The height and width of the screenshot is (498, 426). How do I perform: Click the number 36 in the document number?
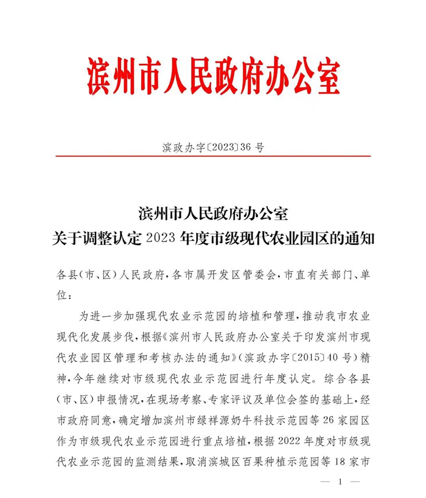[250, 147]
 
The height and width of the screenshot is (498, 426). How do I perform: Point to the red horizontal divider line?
[213, 156]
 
